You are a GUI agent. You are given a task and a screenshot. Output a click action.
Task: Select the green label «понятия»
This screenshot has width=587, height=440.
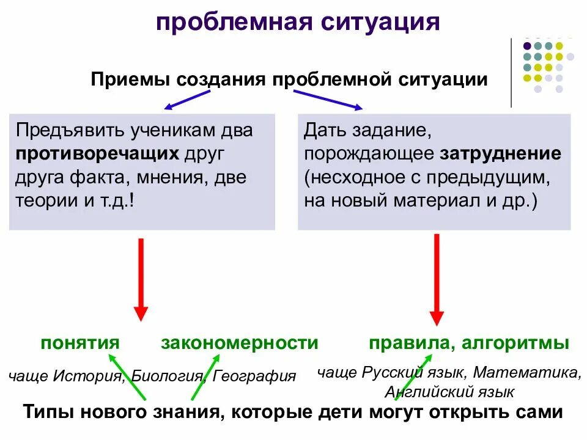coord(80,343)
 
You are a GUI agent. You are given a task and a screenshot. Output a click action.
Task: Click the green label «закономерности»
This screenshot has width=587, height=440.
coord(240,343)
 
